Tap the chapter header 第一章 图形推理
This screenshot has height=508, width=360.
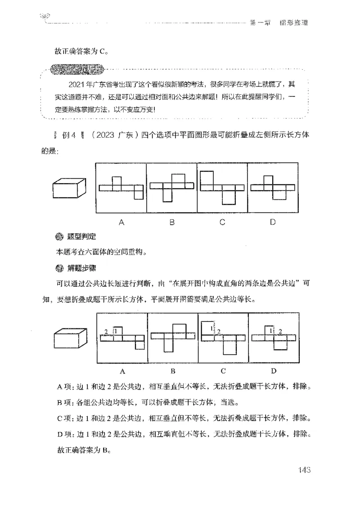click(279, 23)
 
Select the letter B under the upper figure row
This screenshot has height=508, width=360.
click(172, 222)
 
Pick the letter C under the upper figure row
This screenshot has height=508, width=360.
click(222, 222)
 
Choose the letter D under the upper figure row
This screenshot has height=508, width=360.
click(273, 222)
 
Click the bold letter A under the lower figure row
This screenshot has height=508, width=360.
click(122, 371)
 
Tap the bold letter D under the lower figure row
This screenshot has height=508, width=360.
click(274, 371)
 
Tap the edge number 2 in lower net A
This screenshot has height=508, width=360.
click(106, 332)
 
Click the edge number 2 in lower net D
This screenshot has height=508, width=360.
click(280, 332)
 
